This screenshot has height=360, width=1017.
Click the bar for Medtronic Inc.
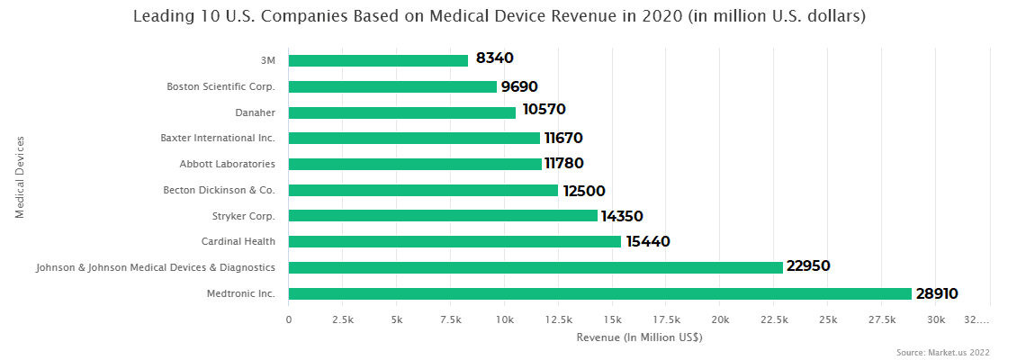coord(599,293)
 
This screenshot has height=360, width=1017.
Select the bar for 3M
coord(378,60)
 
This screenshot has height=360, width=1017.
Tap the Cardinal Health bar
coord(454,241)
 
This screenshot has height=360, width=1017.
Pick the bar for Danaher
coord(402,112)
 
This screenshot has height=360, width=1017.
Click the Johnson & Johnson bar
coord(535,267)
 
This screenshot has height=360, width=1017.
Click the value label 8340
coord(494,58)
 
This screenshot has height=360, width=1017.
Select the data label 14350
coord(622,216)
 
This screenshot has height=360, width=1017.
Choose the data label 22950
coord(807,266)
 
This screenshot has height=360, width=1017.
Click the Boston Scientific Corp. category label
coord(220,86)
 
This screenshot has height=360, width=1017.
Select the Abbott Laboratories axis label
coord(227,164)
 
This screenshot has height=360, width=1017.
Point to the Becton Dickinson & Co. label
coord(219,190)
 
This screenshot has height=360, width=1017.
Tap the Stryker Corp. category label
coord(243,216)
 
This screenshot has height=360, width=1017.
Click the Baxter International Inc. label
coord(217,138)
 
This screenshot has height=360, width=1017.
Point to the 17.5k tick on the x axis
coord(666,320)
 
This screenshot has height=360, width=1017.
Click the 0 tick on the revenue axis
coord(289,320)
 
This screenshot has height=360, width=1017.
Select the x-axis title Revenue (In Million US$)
coord(639,337)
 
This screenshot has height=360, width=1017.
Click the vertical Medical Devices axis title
coord(20,176)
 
